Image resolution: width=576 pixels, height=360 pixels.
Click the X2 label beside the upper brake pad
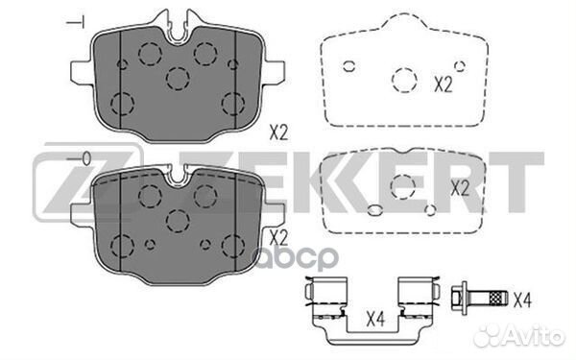click(278, 133)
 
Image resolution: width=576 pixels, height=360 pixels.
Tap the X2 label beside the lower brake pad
click(278, 236)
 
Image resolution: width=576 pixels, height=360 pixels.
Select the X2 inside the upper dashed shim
click(443, 84)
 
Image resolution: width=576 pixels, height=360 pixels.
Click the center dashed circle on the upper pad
click(177, 77)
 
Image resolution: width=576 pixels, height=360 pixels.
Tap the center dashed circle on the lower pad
click(177, 220)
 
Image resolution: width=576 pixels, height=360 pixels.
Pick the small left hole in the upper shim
click(349, 65)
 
